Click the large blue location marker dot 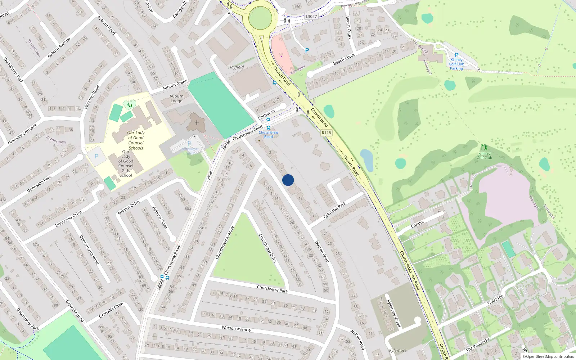point(288,180)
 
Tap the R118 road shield point(326,133)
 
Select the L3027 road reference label point(311,17)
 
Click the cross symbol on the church point(197,123)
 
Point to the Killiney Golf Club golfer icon point(484,147)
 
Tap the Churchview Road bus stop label point(269,135)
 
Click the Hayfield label point(236,67)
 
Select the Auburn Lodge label point(176,99)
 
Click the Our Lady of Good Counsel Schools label point(136,140)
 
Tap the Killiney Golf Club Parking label point(456,64)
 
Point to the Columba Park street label point(334,210)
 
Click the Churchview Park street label point(272,289)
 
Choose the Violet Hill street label point(495,300)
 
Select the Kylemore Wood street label point(393,313)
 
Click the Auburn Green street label point(175,85)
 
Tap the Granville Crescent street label point(22,134)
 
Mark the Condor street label point(418,224)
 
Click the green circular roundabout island point(260,18)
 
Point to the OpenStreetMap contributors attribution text point(548,356)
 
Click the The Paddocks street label point(478,345)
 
